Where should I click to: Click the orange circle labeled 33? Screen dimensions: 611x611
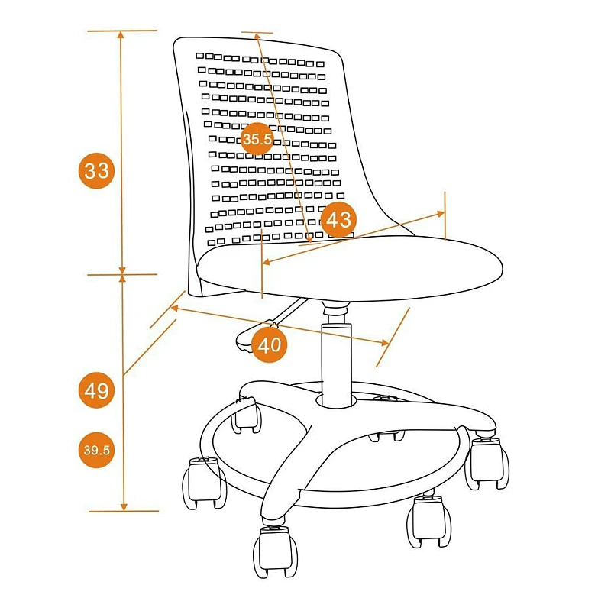[x=97, y=170]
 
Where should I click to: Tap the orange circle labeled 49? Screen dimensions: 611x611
[x=97, y=390]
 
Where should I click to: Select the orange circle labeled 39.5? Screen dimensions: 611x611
[x=97, y=450]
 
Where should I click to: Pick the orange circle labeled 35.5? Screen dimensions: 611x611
[x=257, y=139]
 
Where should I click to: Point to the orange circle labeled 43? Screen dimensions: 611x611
[x=338, y=220]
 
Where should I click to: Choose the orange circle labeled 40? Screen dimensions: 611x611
[x=270, y=345]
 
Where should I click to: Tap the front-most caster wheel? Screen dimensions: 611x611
[x=275, y=550]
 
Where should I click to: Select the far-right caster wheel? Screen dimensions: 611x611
[x=487, y=463]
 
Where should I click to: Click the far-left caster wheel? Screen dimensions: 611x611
[x=204, y=483]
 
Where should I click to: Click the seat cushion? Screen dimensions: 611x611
[x=350, y=268]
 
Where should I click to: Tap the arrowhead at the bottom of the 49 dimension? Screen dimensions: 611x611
[x=124, y=506]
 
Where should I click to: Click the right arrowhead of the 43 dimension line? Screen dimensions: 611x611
[x=440, y=214]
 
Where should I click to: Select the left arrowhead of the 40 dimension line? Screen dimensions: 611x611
[x=175, y=309]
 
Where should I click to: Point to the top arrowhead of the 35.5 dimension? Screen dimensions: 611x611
[x=257, y=37]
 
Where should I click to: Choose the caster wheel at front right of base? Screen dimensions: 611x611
[x=428, y=521]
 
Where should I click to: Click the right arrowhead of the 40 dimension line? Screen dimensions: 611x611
[x=385, y=342]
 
